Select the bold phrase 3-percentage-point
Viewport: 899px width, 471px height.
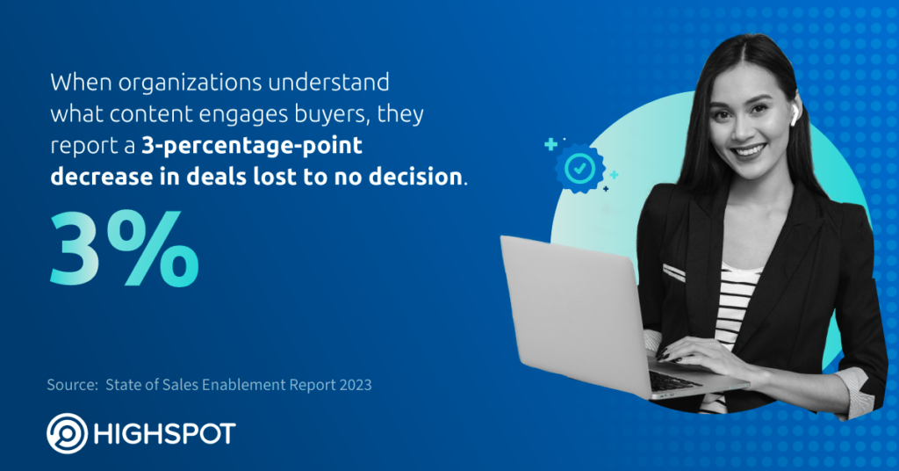tap(252, 146)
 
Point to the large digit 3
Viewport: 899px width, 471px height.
tap(75, 249)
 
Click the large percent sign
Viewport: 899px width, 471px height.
tap(152, 248)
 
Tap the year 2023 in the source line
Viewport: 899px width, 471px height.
tap(355, 384)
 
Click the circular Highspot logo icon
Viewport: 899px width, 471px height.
tap(67, 434)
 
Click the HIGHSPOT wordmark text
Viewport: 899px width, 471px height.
tap(164, 434)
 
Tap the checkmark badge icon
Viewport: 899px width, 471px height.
tap(579, 169)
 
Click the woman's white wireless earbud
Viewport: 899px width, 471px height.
tap(795, 116)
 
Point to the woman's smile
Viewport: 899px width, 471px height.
tap(750, 151)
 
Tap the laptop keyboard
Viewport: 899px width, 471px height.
tap(674, 380)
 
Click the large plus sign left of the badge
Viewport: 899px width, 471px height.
tap(550, 144)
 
